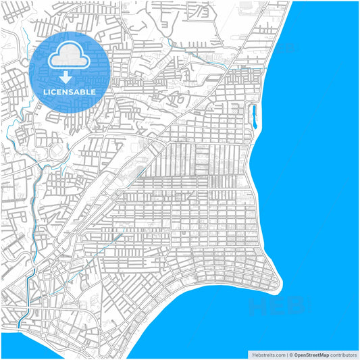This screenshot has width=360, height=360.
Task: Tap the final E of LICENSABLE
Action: (93, 91)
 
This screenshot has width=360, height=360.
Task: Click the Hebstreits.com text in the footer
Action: (267, 354)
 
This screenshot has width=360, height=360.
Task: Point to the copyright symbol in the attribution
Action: (290, 354)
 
